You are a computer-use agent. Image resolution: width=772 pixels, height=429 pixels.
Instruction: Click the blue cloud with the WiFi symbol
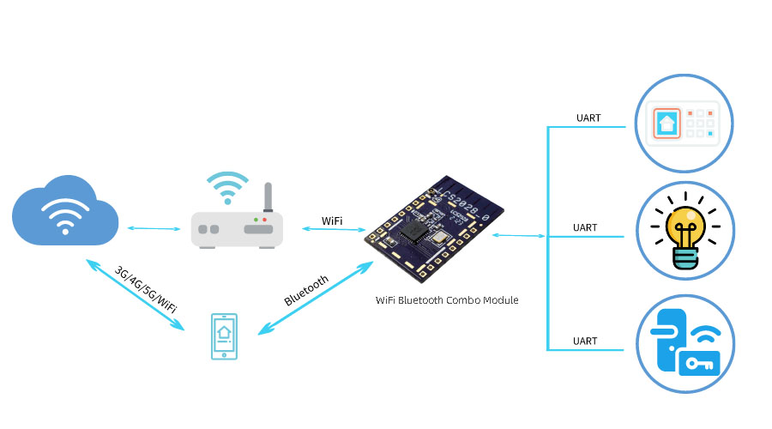pyautogui.click(x=64, y=210)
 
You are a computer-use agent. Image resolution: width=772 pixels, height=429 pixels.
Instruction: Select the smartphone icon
pyautogui.click(x=224, y=336)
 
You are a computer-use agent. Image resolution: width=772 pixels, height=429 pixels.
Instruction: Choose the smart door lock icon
pyautogui.click(x=684, y=344)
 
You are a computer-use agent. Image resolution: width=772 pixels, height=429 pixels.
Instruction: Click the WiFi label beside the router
pyautogui.click(x=332, y=221)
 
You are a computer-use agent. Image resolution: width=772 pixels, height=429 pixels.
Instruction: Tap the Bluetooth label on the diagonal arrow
pyautogui.click(x=306, y=291)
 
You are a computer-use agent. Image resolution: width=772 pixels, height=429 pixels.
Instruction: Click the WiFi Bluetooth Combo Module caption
pyautogui.click(x=447, y=300)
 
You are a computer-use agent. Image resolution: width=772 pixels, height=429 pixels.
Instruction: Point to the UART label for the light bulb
pyautogui.click(x=585, y=228)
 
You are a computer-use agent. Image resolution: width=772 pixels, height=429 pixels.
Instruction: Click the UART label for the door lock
pyautogui.click(x=585, y=341)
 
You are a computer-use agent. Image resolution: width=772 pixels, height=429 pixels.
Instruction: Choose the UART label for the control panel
pyautogui.click(x=589, y=118)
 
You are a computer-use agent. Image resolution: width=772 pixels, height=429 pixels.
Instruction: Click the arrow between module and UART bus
pyautogui.click(x=520, y=234)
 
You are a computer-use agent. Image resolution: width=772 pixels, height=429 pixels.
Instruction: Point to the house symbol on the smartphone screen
pyautogui.click(x=224, y=333)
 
